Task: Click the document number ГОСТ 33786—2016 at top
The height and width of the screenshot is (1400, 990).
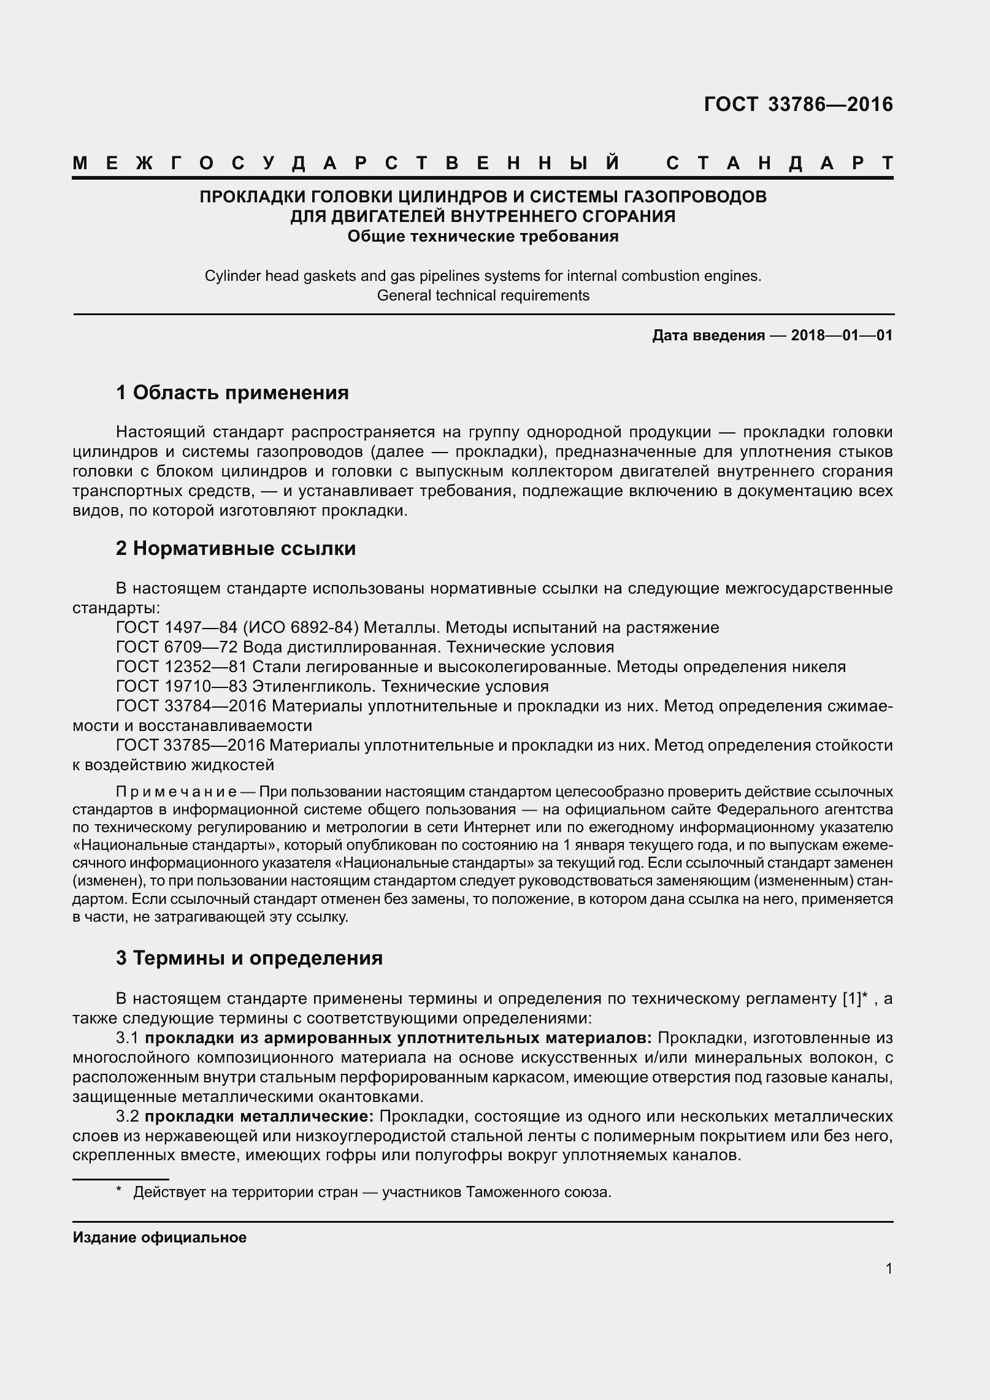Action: click(x=798, y=105)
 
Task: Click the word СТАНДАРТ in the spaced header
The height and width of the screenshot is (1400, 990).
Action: click(x=779, y=164)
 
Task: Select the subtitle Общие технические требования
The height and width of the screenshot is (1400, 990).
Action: click(x=483, y=236)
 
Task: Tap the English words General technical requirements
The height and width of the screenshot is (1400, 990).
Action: click(x=483, y=296)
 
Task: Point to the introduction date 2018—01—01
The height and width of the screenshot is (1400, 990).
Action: click(x=842, y=335)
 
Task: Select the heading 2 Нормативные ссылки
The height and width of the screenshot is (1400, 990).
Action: click(x=236, y=548)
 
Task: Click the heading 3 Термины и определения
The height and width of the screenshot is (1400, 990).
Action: click(x=249, y=958)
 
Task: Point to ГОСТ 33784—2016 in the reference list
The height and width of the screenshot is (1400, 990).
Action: click(x=190, y=706)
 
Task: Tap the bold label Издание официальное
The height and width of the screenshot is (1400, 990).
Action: click(x=159, y=1237)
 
